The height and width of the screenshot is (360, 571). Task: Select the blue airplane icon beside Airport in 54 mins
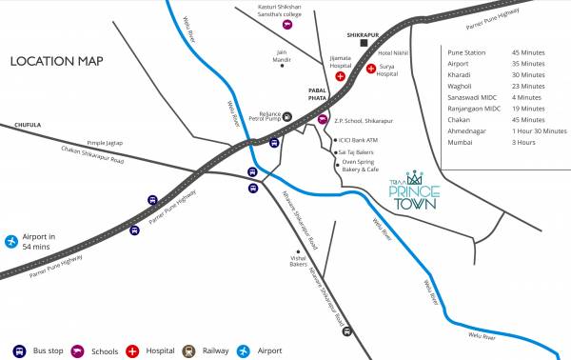pyautogui.click(x=11, y=241)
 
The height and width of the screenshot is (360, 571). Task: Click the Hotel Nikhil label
pyautogui.click(x=393, y=54)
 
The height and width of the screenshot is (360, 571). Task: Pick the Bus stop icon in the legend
pyautogui.click(x=19, y=350)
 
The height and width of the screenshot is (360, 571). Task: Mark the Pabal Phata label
pyautogui.click(x=318, y=92)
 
